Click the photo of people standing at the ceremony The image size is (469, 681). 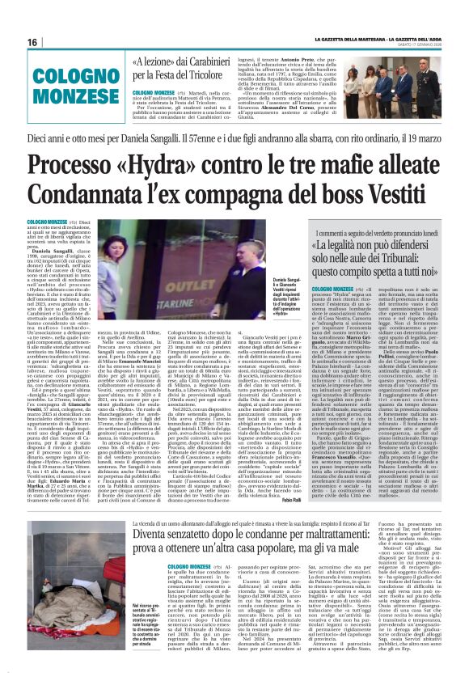pos(391,84)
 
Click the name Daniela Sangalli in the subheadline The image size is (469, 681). pos(161,139)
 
